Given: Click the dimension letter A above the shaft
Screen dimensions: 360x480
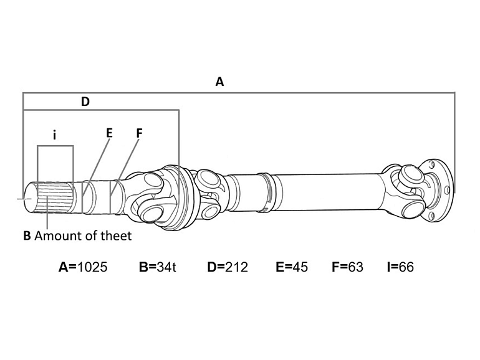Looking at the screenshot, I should click(x=219, y=82).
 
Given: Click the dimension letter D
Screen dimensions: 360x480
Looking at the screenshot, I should click(x=85, y=102).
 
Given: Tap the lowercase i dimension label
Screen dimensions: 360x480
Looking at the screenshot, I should click(x=55, y=134).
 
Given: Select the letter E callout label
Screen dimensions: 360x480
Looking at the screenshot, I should click(x=109, y=133).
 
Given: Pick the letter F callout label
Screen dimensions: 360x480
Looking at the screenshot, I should click(x=138, y=133).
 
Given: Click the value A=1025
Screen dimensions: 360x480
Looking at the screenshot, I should click(x=83, y=267).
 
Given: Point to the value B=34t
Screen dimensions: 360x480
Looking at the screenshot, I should click(x=158, y=267).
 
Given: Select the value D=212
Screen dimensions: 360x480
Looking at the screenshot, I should click(x=227, y=267).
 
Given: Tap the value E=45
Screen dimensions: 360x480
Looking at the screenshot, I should click(x=292, y=267).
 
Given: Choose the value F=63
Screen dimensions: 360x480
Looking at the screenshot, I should click(x=347, y=267).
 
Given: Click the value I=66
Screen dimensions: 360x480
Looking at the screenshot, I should click(x=400, y=267).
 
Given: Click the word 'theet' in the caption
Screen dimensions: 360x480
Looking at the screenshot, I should click(x=118, y=236).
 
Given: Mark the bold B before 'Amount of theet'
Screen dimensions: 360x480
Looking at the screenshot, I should click(x=27, y=236).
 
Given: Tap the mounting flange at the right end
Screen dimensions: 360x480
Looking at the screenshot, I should click(x=440, y=187).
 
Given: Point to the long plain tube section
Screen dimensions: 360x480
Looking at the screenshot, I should click(x=324, y=191).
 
